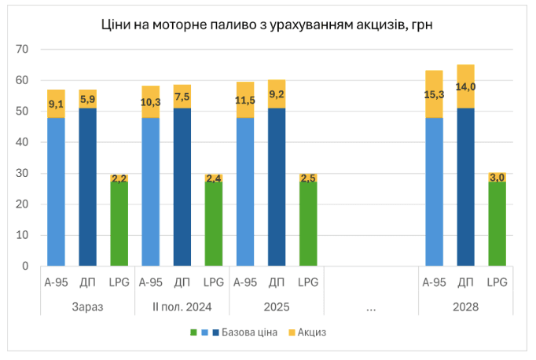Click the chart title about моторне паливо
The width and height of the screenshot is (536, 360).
click(267, 25)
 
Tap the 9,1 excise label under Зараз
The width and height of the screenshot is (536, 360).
click(56, 104)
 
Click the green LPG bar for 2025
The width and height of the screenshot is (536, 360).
click(308, 224)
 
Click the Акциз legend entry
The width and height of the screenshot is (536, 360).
click(311, 332)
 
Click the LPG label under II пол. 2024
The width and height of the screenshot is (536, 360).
click(213, 282)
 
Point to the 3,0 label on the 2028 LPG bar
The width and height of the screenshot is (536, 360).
click(497, 178)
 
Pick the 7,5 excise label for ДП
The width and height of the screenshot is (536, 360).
click(182, 97)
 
